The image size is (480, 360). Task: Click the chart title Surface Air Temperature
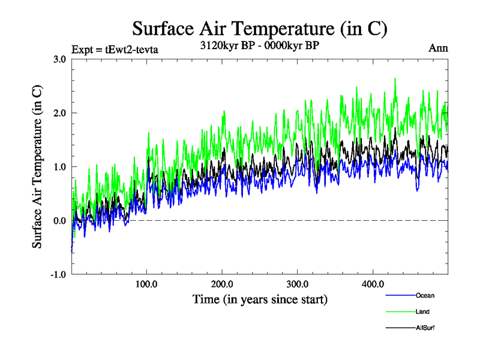coord(259,28)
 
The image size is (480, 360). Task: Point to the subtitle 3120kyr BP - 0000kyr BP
coord(259,46)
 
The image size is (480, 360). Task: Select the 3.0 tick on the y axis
coord(59,59)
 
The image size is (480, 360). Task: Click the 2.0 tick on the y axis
coord(59,113)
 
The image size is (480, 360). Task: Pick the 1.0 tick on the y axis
coord(59,167)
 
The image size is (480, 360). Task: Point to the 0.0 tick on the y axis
coord(59,221)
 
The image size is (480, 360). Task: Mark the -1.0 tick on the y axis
coord(58,275)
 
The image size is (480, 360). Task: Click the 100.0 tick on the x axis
coord(147,284)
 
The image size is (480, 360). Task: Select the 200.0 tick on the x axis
coord(222,284)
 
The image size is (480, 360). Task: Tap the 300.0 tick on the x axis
coord(298,284)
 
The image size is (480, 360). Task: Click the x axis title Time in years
coord(259,299)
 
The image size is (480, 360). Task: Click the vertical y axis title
coord(37,167)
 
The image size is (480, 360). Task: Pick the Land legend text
coord(422,311)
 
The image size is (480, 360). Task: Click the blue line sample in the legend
coord(400,295)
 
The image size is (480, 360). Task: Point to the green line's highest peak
coord(395,78)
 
